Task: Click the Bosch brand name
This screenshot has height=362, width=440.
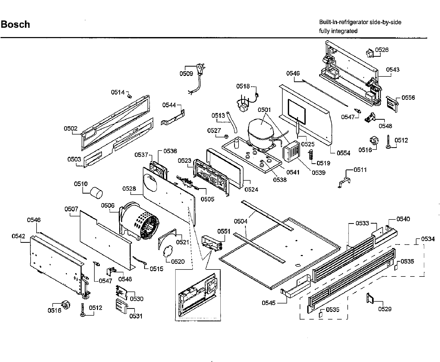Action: [16, 25]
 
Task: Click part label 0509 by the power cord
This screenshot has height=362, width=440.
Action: [186, 74]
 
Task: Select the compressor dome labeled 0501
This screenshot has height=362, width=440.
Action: [260, 127]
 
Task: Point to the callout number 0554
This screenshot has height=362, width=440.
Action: [343, 153]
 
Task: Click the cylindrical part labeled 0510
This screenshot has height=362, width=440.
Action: [96, 193]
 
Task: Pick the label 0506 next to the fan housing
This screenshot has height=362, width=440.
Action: [108, 205]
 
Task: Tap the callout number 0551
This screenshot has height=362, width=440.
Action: [224, 231]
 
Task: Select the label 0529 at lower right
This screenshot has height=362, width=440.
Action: [385, 309]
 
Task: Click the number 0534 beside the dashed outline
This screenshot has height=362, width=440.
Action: [428, 239]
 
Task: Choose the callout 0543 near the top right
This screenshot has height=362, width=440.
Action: [393, 69]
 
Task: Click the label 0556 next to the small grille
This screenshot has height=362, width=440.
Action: [408, 97]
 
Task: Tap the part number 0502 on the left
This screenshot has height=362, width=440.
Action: [71, 129]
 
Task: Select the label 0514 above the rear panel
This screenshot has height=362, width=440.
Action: [118, 92]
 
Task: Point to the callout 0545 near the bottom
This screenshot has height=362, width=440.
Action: [268, 303]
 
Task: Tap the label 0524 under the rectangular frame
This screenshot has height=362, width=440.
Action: [251, 189]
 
